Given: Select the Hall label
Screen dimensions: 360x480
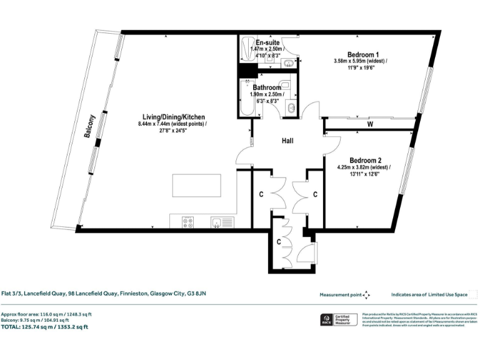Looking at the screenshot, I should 287,141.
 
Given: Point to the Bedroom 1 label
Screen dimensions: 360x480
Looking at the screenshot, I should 360,54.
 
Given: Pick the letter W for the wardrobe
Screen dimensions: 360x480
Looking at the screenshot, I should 370,124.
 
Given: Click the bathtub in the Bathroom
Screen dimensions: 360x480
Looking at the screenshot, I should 244,100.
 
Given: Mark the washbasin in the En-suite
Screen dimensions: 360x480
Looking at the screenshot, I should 289,62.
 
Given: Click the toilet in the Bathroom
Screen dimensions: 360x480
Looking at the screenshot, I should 284,86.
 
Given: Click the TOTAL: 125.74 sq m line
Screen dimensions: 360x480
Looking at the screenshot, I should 44,327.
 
